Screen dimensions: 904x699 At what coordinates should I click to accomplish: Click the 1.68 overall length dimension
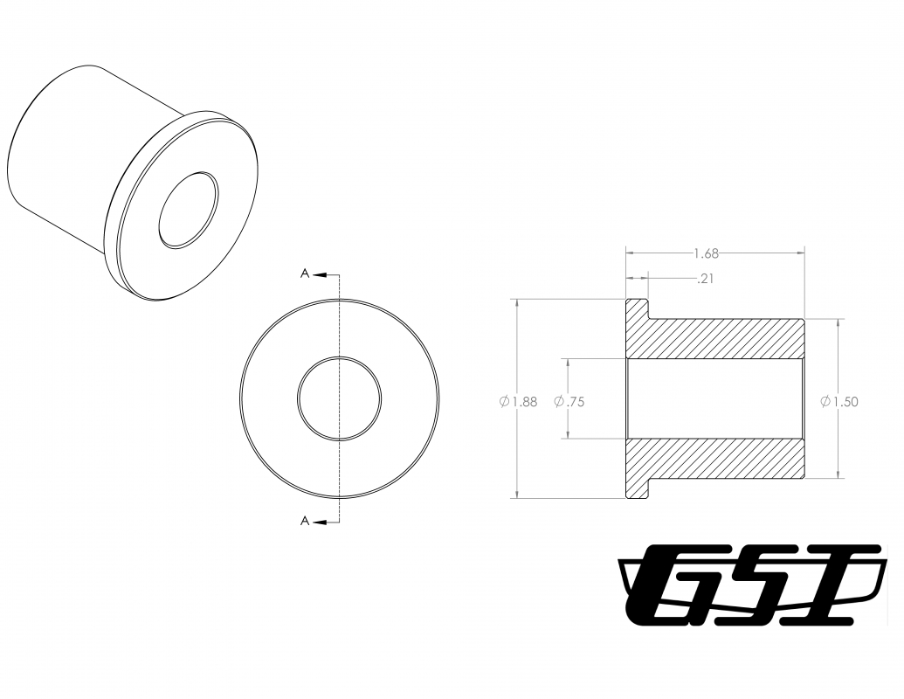point(707,253)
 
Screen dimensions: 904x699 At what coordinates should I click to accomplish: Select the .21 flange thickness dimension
point(705,279)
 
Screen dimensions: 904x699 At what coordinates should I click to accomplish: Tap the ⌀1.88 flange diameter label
point(518,401)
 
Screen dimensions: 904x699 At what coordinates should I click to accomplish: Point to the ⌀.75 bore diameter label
point(569,401)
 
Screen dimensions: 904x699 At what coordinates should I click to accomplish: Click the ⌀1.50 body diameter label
point(839,401)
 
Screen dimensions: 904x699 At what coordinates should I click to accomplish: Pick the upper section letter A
point(305,273)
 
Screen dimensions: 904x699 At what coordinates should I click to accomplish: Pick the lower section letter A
point(305,522)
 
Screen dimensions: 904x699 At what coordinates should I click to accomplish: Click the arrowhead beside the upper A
point(321,274)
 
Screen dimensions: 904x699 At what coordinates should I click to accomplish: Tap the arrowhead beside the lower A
point(321,522)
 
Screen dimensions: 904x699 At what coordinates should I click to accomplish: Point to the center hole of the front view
point(339,398)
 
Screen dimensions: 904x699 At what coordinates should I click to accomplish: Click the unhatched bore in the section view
point(714,398)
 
